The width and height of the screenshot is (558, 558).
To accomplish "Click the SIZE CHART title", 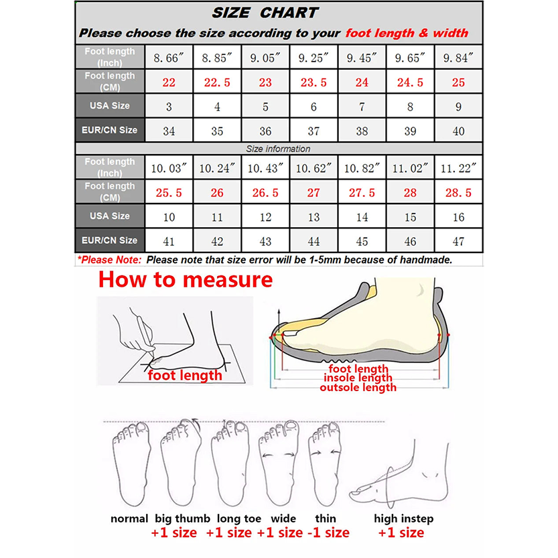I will pyautogui.click(x=265, y=13).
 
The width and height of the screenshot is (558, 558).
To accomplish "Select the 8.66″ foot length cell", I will pyautogui.click(x=169, y=58).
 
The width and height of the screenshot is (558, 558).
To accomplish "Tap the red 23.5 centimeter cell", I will pyautogui.click(x=313, y=82).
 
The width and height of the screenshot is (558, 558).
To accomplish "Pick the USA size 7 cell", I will pyautogui.click(x=362, y=107).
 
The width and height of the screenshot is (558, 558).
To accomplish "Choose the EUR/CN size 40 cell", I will pyautogui.click(x=458, y=131).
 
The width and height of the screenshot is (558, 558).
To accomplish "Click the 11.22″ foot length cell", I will pyautogui.click(x=458, y=168).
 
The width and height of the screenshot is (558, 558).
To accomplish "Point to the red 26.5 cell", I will pyautogui.click(x=265, y=193).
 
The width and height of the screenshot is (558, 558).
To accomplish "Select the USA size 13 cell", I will pyautogui.click(x=313, y=217).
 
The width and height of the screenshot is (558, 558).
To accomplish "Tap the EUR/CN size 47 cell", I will pyautogui.click(x=458, y=241).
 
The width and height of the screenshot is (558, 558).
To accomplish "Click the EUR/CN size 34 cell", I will pyautogui.click(x=169, y=131).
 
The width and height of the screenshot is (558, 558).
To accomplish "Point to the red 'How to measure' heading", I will pyautogui.click(x=186, y=279).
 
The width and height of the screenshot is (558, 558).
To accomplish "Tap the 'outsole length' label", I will pyautogui.click(x=358, y=387).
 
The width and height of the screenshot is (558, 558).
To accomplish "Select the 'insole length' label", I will pyautogui.click(x=358, y=378).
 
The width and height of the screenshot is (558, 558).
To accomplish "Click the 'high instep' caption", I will pyautogui.click(x=403, y=518).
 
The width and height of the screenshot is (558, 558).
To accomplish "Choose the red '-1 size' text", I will pyautogui.click(x=328, y=533).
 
